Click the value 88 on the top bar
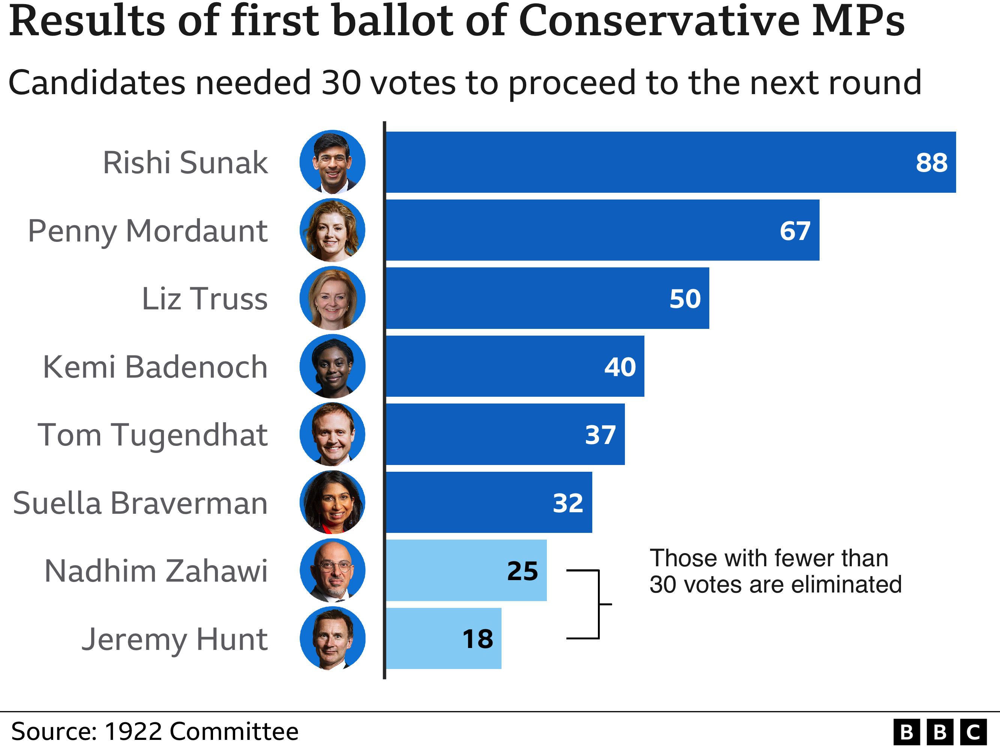pos(931,163)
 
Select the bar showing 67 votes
pos(601,231)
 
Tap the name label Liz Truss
pos(205,299)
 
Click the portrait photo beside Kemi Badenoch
pos(332,366)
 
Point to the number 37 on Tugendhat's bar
pos(601,435)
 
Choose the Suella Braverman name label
pos(140,503)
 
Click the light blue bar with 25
pos(465,570)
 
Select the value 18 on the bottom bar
pos(478,639)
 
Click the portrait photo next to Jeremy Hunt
pos(332,638)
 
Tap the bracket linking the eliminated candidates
pos(598,604)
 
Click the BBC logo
pos(940,732)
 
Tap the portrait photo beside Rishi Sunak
pos(332,162)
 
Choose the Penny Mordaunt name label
pos(148,231)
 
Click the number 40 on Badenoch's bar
pos(620,367)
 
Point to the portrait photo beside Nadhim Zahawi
pos(332,570)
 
